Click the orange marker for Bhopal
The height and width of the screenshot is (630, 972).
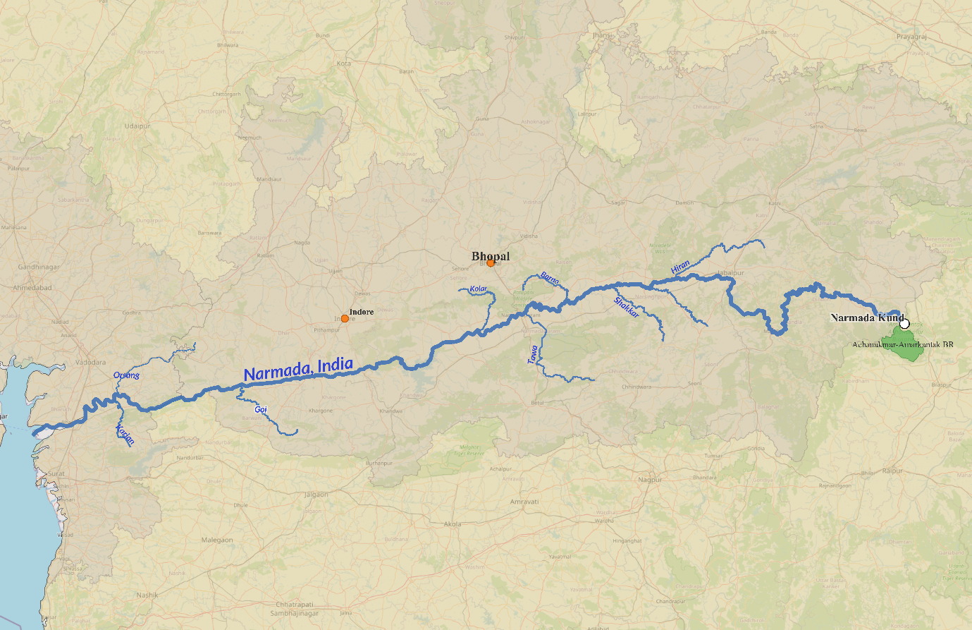[491, 263]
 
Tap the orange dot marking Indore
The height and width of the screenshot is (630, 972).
[345, 318]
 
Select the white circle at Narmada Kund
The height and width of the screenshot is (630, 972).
[904, 324]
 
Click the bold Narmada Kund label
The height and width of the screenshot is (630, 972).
[866, 318]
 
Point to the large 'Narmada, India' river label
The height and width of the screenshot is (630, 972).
[298, 370]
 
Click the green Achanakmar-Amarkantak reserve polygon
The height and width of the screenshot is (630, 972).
[906, 345]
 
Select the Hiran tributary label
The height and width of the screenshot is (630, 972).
[680, 267]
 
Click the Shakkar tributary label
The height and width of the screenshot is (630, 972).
[626, 307]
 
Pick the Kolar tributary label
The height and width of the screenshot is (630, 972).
[479, 289]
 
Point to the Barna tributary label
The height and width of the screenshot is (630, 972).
[550, 279]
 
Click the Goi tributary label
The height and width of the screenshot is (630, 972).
[261, 409]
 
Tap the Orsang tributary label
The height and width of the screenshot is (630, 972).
[126, 375]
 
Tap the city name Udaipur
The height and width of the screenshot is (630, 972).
[137, 126]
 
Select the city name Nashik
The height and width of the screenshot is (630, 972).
[147, 595]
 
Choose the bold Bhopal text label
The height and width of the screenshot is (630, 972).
[491, 256]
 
